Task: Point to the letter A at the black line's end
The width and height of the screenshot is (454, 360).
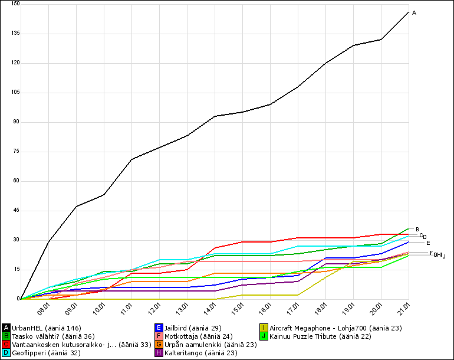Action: tap(414, 12)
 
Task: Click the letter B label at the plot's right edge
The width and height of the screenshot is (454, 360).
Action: tap(417, 230)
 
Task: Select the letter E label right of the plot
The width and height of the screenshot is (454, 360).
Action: tap(428, 243)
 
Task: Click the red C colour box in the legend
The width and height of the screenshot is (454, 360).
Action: tap(6, 345)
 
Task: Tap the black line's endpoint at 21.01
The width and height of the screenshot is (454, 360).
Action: tap(409, 12)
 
